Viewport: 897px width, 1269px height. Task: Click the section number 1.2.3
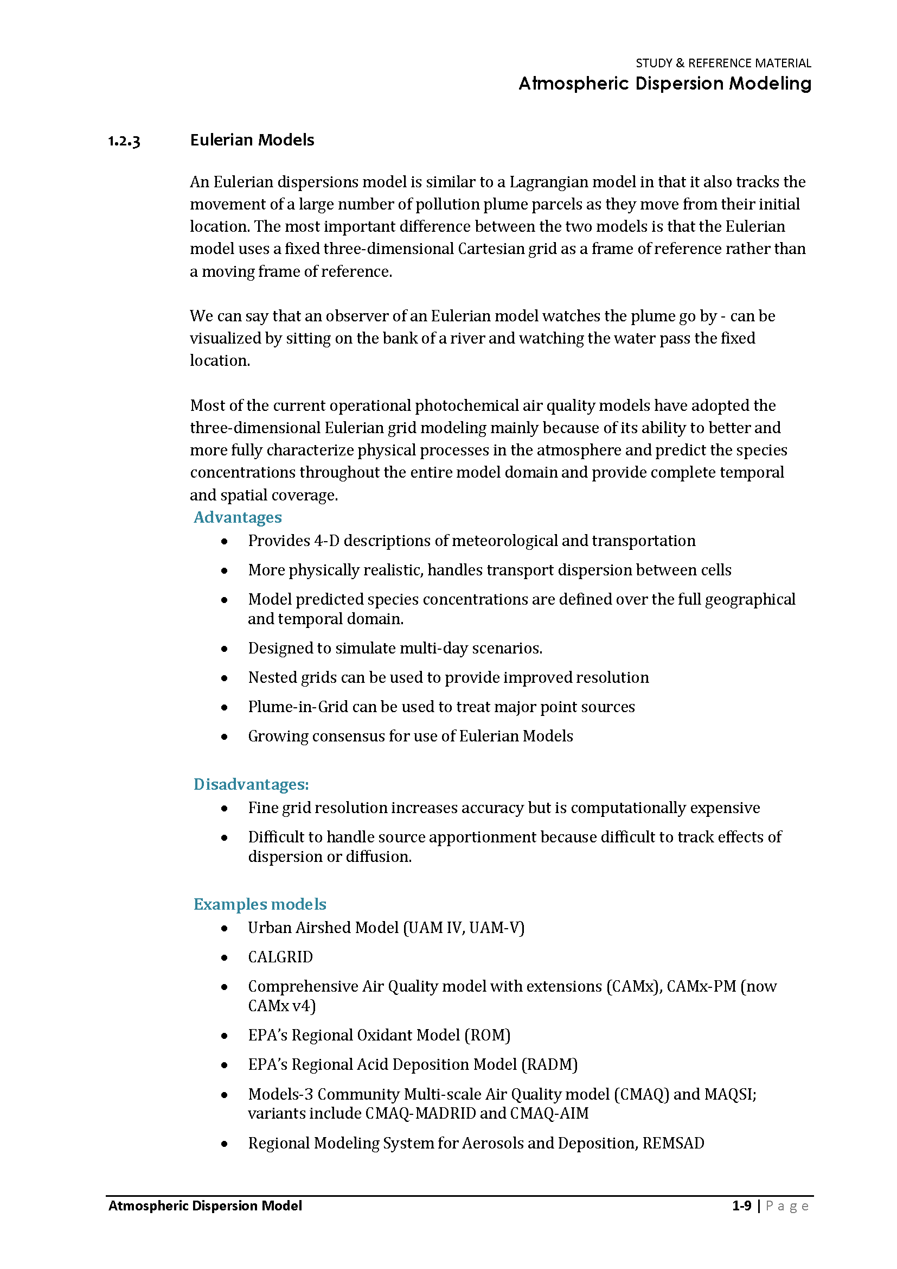(x=124, y=142)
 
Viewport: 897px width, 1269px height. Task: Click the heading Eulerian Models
(x=252, y=141)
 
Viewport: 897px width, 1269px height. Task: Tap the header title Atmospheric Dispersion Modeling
(x=664, y=84)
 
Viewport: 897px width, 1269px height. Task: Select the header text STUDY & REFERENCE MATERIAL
(x=723, y=64)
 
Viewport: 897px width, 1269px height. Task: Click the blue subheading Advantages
(x=238, y=517)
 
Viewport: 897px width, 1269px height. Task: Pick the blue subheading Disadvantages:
(x=251, y=784)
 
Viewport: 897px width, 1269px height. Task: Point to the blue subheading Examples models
(x=260, y=904)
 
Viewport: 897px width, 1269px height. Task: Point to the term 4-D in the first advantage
(x=326, y=541)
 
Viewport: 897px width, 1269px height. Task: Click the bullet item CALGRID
(x=280, y=957)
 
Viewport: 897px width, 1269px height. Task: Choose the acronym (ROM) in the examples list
(x=487, y=1035)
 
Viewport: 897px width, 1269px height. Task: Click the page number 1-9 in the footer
(x=741, y=1205)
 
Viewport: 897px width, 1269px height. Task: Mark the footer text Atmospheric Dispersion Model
(x=205, y=1205)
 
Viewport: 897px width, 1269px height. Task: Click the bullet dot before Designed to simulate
(x=225, y=649)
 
